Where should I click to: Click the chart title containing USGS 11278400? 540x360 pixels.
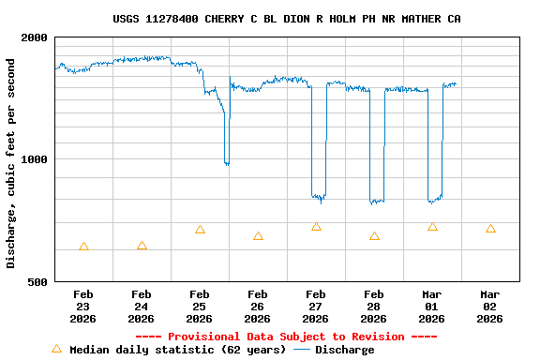(286, 19)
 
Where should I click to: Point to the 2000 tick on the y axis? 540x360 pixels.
(36, 37)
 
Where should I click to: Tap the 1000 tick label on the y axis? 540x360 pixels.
(36, 159)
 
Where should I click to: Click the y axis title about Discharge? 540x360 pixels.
(11, 163)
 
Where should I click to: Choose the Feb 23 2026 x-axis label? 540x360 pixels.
(83, 306)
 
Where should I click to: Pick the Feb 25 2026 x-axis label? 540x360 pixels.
(200, 306)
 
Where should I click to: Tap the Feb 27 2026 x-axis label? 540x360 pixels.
(316, 306)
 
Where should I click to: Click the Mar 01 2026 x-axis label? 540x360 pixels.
(432, 306)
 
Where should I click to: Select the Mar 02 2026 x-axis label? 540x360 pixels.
(490, 306)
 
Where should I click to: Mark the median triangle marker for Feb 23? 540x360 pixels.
(83, 247)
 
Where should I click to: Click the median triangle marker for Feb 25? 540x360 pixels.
(200, 230)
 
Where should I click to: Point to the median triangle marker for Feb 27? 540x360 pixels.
(316, 227)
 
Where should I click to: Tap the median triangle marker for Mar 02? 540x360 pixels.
(490, 229)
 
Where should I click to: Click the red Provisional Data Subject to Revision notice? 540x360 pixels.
(286, 337)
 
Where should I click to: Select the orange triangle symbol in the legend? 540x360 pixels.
(56, 349)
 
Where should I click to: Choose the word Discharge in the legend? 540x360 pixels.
(344, 350)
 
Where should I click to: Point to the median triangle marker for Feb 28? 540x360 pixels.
(374, 236)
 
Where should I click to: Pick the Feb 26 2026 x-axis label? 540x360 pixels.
(258, 306)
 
